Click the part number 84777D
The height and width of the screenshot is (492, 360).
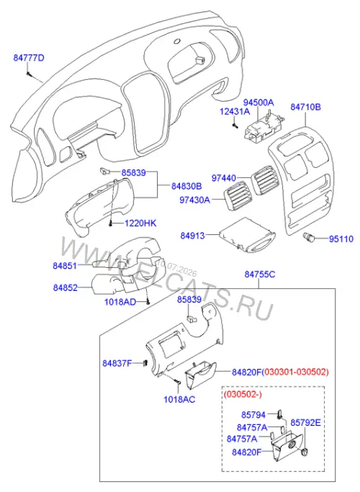click(29, 58)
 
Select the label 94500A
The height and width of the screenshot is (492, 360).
click(258, 102)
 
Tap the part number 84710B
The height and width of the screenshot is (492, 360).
click(305, 107)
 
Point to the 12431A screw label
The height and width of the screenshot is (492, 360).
click(235, 112)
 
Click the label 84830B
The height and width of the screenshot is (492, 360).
click(186, 186)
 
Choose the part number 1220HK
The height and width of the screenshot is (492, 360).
click(140, 223)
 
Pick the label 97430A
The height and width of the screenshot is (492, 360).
click(194, 200)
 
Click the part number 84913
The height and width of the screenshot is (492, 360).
click(192, 236)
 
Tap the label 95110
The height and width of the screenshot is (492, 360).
click(341, 239)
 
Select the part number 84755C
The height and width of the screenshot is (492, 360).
click(260, 274)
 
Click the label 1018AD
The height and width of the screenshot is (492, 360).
click(120, 302)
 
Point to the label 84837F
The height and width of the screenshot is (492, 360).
click(117, 364)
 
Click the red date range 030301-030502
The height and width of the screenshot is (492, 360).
click(295, 372)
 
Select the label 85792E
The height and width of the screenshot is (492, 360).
click(305, 423)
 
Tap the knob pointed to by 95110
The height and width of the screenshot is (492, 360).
click(308, 237)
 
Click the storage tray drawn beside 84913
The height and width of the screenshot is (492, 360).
click(247, 236)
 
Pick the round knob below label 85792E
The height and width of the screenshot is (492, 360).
click(305, 453)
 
